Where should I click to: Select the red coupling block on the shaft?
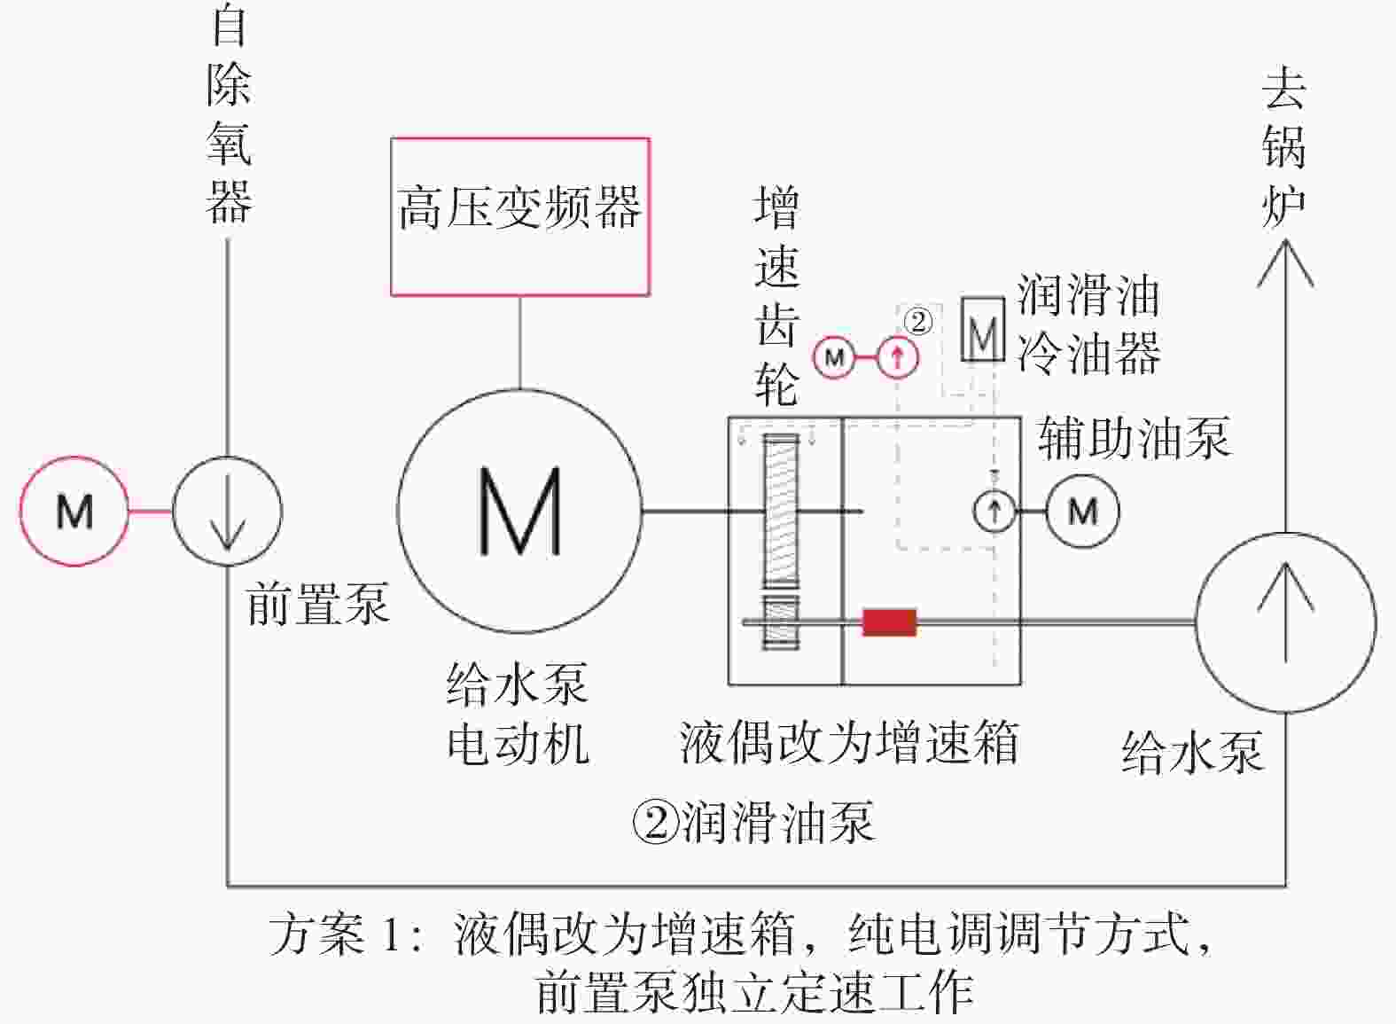(889, 622)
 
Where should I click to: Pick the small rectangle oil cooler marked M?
(983, 329)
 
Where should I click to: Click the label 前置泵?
(318, 604)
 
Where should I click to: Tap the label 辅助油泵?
(1135, 438)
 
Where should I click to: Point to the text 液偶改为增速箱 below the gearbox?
(849, 742)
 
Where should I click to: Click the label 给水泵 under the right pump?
(1192, 752)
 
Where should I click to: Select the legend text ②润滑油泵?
(753, 822)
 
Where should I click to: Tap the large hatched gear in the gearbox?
(781, 511)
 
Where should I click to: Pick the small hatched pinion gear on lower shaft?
(781, 622)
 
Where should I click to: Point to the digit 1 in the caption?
(392, 934)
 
